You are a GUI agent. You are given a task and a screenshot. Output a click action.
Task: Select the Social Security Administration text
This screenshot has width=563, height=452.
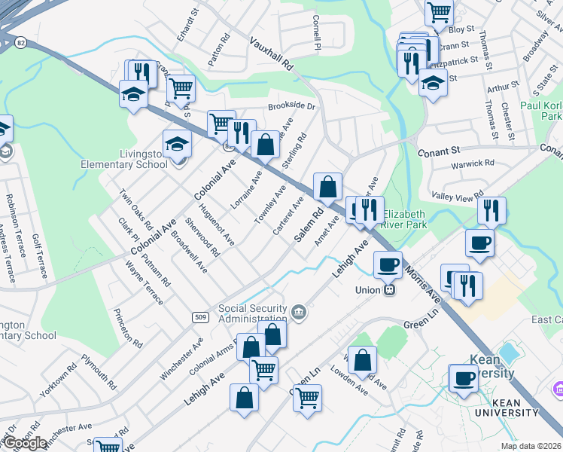click(x=254, y=313)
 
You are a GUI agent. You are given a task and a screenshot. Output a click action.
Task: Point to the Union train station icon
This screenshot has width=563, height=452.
click(x=389, y=288)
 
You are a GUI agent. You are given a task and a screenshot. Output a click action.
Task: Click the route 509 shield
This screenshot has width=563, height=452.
click(x=199, y=316)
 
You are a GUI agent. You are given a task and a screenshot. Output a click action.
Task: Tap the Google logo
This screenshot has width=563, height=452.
click(x=24, y=443)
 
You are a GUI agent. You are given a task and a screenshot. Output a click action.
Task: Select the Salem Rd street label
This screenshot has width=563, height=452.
click(x=309, y=225)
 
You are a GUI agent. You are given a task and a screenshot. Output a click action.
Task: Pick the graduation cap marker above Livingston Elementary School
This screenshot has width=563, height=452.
click(x=178, y=142)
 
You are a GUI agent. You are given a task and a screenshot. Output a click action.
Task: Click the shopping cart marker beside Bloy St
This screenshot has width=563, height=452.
click(x=439, y=12)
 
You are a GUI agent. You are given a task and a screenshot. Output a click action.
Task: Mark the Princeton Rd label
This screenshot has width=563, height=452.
click(x=127, y=326)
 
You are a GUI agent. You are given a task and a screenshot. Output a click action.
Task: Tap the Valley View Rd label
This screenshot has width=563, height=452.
click(x=458, y=196)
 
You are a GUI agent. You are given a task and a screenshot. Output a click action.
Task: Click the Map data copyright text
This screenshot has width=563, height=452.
click(x=531, y=446)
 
